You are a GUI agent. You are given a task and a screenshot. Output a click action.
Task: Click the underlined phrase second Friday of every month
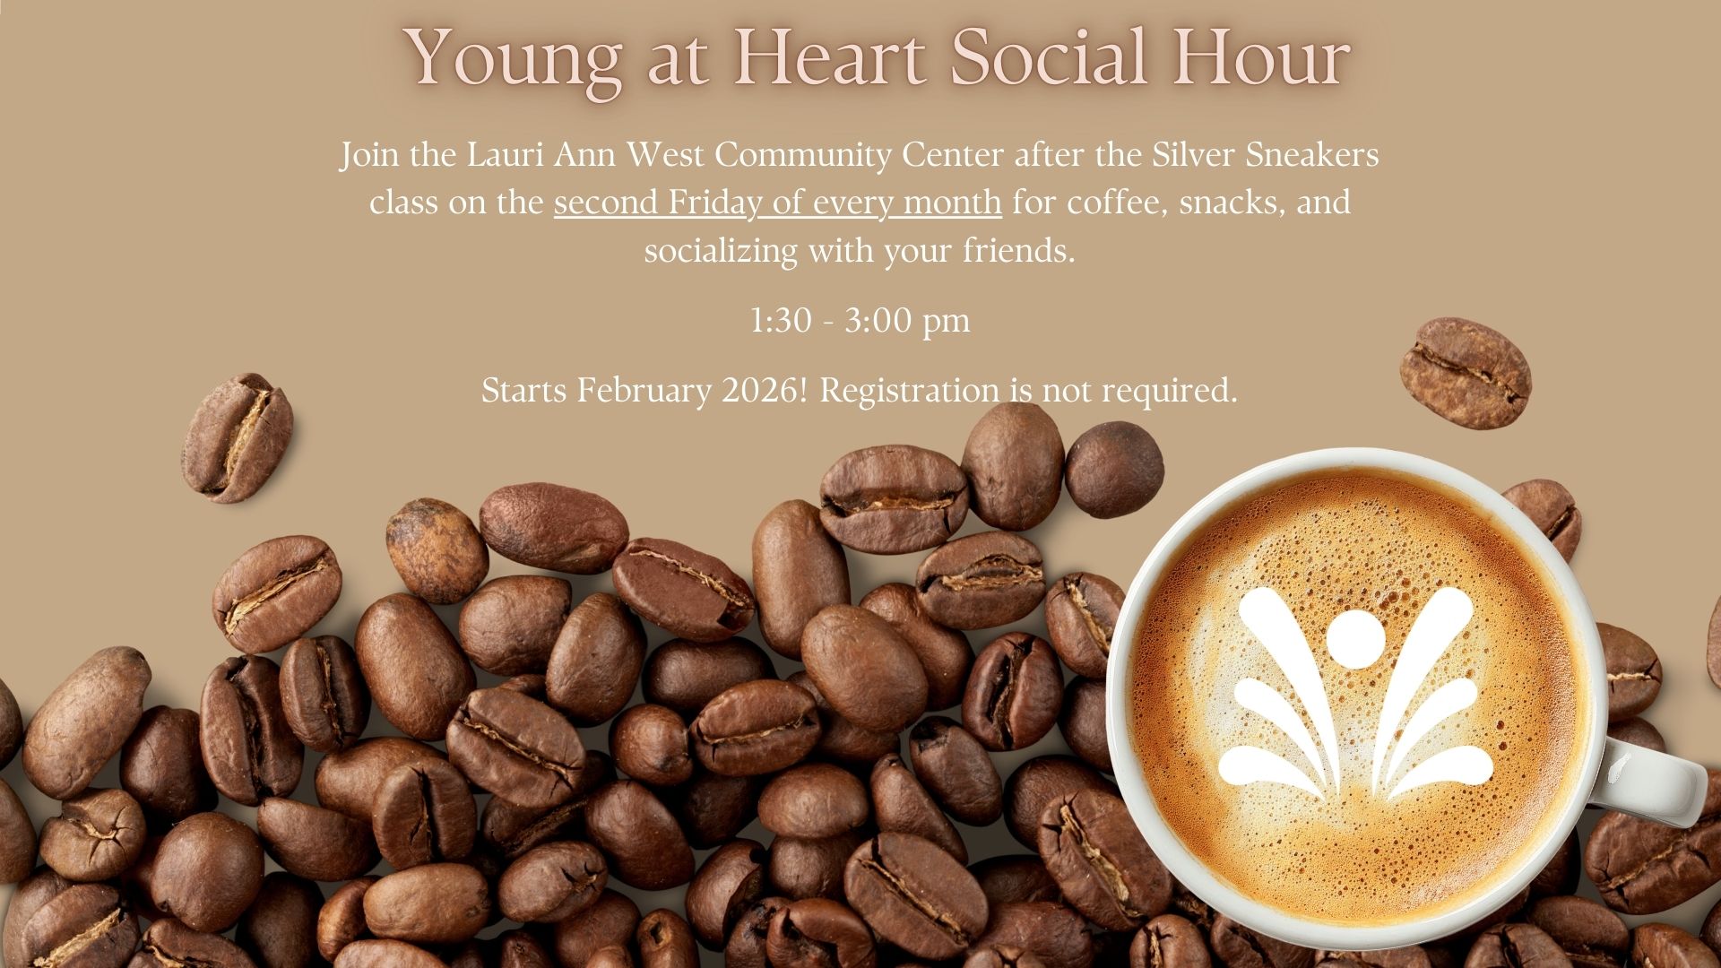777,203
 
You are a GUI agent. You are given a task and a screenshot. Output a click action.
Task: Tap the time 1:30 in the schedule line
780,320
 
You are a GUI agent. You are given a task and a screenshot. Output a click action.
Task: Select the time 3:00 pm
907,322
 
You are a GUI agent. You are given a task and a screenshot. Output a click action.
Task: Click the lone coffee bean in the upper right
1466,373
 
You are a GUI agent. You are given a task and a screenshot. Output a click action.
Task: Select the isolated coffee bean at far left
238,437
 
